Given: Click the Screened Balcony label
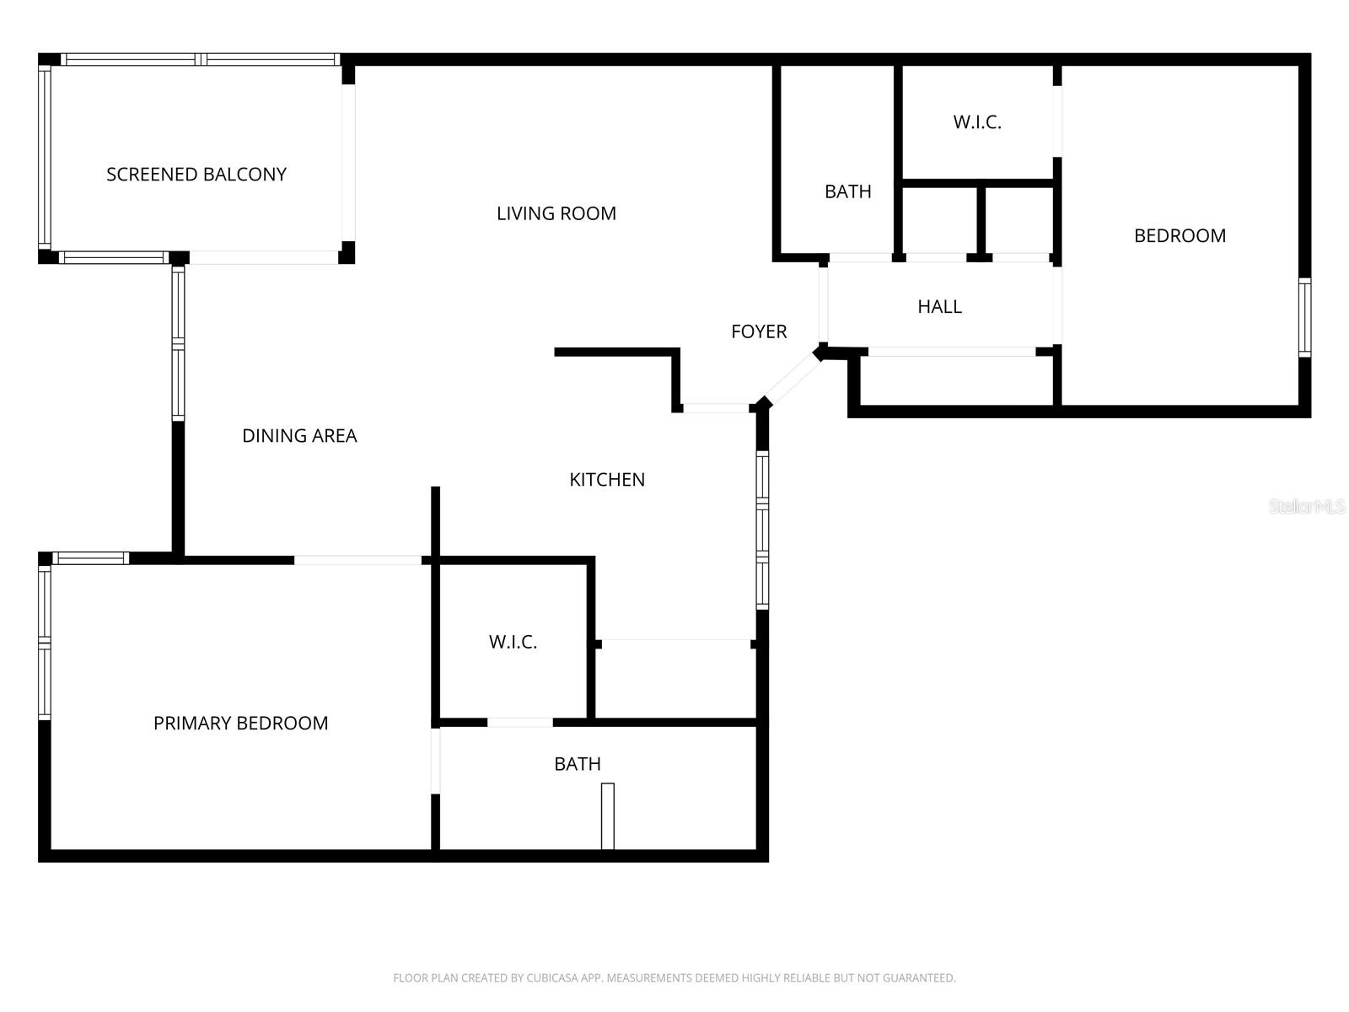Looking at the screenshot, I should click(x=196, y=175).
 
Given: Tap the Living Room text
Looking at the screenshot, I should click(x=556, y=213).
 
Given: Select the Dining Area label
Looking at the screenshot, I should click(x=299, y=436).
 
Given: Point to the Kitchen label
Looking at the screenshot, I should click(x=607, y=480).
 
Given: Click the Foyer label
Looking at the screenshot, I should click(x=759, y=332).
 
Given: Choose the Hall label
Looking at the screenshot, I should click(x=939, y=307).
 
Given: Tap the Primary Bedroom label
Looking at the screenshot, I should click(x=240, y=724).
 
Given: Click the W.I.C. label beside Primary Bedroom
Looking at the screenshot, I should click(x=513, y=643).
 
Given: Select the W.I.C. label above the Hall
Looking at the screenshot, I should click(x=977, y=122).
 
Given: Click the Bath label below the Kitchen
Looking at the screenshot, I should click(x=578, y=764).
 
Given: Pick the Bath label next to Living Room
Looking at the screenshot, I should click(x=847, y=192).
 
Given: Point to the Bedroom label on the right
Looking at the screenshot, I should click(x=1180, y=236).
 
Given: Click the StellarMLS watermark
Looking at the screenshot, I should click(x=1306, y=507).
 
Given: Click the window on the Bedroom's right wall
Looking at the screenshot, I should click(x=1304, y=318).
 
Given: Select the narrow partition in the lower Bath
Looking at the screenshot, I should click(x=607, y=816).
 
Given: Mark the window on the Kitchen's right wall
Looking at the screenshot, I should click(x=762, y=530).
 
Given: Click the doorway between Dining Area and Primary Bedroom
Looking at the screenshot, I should click(x=357, y=560).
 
